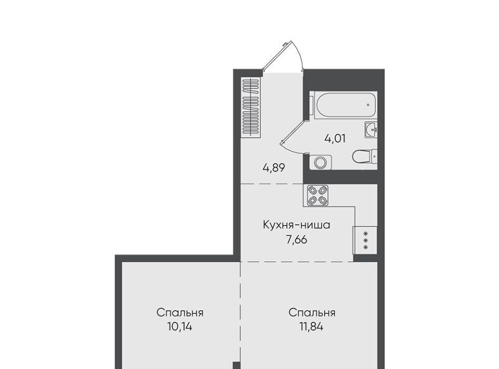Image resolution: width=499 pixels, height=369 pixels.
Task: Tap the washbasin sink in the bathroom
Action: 371,130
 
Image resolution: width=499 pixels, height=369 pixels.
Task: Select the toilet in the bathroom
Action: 365,156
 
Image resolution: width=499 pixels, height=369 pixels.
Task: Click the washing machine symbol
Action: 320,162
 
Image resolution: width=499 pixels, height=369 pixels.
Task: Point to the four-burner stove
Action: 318,195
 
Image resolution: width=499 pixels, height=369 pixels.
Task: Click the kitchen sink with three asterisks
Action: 365,240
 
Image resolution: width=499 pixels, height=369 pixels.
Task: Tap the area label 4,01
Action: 335,139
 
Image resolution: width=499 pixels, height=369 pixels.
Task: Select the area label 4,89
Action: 274,168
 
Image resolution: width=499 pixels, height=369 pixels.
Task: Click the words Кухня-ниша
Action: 296,225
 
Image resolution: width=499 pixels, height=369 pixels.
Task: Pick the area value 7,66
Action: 297,240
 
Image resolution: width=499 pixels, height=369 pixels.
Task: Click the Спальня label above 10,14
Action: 180,313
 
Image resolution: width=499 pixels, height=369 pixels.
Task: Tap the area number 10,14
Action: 180,327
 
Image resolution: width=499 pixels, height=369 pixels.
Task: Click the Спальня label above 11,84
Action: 312,313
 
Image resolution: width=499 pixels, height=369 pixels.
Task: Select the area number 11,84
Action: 311,327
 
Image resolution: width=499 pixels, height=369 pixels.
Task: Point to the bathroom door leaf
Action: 292,133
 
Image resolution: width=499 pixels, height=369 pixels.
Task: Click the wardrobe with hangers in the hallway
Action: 251,107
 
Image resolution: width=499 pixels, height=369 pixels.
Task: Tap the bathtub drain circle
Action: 368,104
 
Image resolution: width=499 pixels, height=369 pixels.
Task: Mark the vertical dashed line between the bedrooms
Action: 240,312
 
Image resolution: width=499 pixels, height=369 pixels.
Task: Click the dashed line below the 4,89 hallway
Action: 272,184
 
